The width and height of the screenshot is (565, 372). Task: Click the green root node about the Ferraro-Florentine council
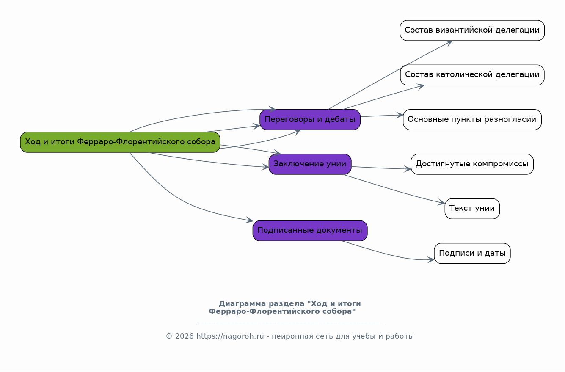point(120,142)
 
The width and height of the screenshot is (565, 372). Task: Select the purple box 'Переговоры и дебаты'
point(310,119)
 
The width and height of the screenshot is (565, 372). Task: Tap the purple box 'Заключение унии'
point(310,164)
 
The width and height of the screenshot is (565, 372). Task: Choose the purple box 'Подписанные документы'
point(310,231)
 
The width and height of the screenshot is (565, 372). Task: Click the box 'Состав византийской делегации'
point(472,30)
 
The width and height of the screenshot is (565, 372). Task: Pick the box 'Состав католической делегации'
point(472,75)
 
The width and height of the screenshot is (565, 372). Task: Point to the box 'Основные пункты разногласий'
point(472,119)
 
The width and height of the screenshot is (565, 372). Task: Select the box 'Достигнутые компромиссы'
point(472,164)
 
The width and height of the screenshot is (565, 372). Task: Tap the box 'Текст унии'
point(472,209)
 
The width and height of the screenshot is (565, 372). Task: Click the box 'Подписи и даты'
point(472,253)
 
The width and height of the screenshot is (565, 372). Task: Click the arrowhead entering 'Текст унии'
point(441,202)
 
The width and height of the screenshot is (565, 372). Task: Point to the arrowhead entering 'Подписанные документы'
point(249,220)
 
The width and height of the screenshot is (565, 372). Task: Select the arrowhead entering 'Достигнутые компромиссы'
point(408,169)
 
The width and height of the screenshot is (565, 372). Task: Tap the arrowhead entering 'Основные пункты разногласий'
point(400,115)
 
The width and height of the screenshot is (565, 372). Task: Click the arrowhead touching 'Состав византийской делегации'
point(449,43)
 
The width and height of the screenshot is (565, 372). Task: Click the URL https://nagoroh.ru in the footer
point(230,336)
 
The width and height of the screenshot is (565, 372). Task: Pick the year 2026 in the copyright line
point(185,336)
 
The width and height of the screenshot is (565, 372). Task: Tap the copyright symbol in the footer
point(169,336)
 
